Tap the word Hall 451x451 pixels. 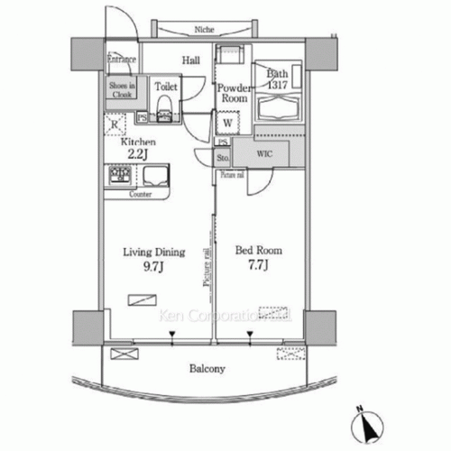pos(190,60)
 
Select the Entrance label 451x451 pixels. pos(121,60)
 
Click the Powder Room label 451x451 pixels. pos(232,93)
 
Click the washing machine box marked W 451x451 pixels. pos(226,122)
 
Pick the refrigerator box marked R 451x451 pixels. pos(115,125)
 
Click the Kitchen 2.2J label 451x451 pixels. pos(139,149)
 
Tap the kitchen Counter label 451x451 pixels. pos(139,194)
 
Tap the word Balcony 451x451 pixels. pos(207,370)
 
